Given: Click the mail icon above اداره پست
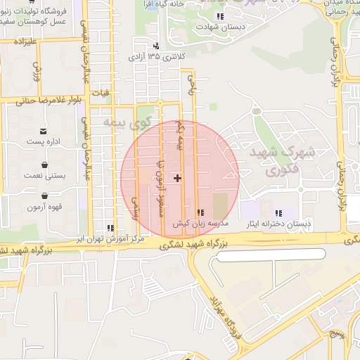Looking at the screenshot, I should click(x=44, y=131).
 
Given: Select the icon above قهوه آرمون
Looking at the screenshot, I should click(x=44, y=196).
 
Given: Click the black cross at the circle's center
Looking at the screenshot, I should click(x=177, y=178).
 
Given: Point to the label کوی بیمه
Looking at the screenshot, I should click(x=127, y=122).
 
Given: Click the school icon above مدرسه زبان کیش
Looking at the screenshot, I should click(x=200, y=212).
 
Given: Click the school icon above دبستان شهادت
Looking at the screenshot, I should click(x=220, y=16).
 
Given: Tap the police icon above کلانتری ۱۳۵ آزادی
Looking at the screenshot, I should click(x=155, y=46).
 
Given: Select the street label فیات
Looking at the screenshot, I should click(x=101, y=92).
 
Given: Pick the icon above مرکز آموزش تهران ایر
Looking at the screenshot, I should click(x=110, y=228).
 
